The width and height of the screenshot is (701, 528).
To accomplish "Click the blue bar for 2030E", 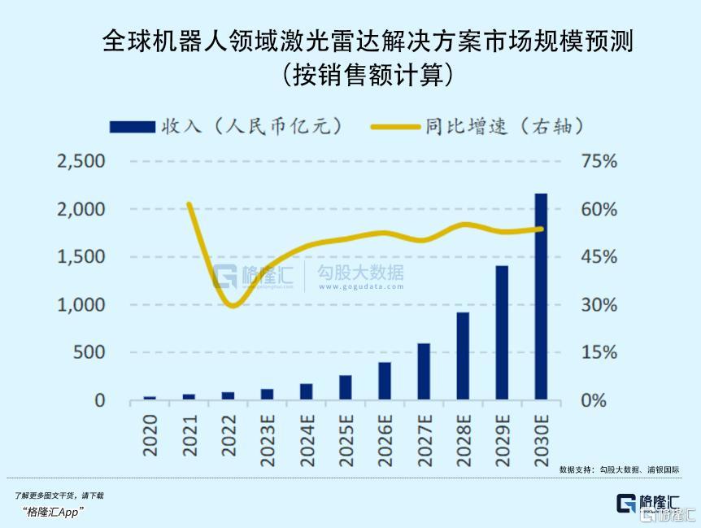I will (541, 297).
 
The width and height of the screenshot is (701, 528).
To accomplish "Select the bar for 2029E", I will (502, 333).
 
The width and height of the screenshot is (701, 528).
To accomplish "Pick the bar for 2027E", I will (424, 372).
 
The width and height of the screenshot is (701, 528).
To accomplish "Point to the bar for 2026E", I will (385, 381).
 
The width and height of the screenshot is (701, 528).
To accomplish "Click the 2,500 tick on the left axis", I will (81, 161).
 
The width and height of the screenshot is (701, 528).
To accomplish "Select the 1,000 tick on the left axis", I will (81, 305).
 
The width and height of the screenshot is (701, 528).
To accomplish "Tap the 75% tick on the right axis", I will (600, 161).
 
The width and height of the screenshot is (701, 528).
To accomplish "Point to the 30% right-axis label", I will (600, 305).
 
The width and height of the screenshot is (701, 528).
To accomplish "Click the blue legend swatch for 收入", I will (131, 126).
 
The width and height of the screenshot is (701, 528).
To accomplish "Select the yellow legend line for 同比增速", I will (396, 126).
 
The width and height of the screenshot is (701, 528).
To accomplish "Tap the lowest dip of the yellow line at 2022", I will (233, 306).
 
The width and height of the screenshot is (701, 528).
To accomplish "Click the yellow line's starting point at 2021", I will (189, 204).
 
